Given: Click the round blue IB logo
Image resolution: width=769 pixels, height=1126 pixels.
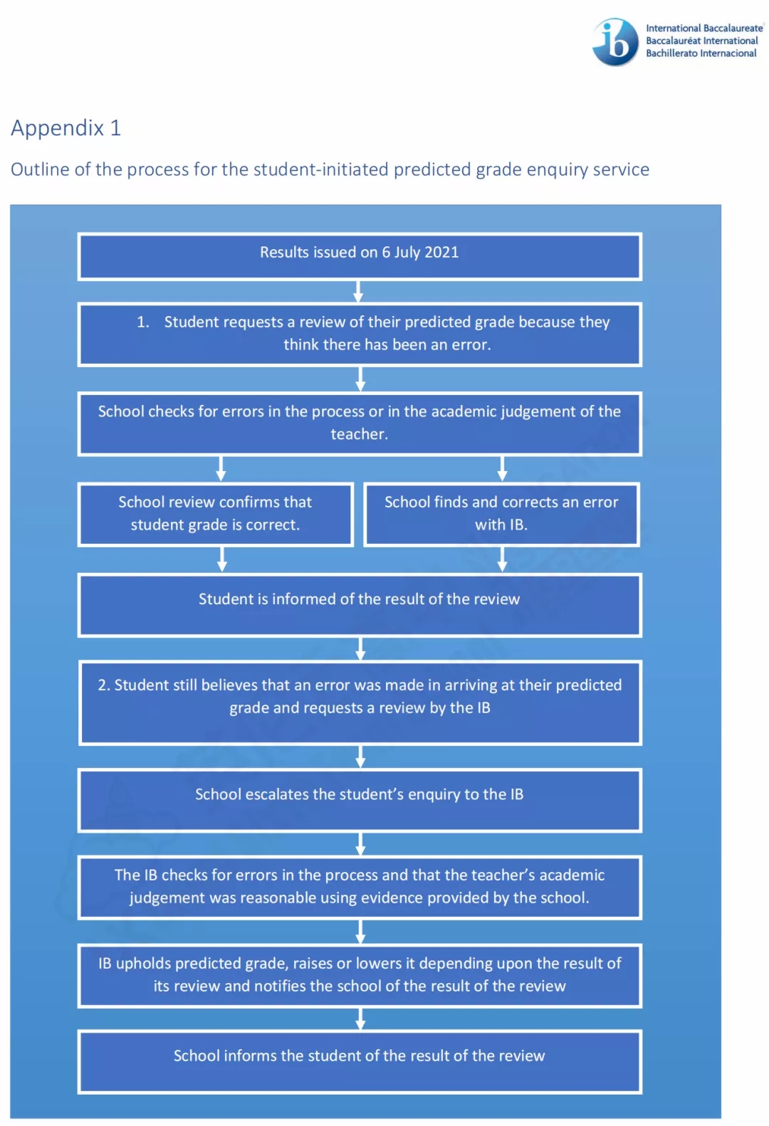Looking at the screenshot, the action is tap(614, 42).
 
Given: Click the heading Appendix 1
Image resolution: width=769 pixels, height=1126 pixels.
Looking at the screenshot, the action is tap(66, 127).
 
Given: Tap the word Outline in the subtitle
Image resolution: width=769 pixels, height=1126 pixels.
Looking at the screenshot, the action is tap(40, 169).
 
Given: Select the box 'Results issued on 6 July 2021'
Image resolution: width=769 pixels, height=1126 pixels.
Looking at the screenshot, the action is tap(360, 256).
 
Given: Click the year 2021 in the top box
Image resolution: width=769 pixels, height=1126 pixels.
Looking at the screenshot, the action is tap(441, 252).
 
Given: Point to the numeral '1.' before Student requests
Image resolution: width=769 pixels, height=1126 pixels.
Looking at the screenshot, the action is tap(143, 322).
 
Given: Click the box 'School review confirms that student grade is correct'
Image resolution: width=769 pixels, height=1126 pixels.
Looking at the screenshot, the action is tap(215, 514).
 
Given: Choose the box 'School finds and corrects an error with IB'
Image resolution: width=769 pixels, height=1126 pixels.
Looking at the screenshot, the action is tap(501, 514).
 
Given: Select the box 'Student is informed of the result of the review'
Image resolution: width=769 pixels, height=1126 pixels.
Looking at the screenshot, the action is tap(360, 605).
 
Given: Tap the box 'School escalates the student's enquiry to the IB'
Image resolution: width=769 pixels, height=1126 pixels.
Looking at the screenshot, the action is tap(360, 800).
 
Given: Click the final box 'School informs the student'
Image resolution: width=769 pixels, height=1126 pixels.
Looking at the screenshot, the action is tap(360, 1062).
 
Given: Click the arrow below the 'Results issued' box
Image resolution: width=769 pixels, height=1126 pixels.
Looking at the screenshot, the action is tap(358, 291).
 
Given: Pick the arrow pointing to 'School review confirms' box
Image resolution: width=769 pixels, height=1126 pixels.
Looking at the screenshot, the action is tap(221, 468).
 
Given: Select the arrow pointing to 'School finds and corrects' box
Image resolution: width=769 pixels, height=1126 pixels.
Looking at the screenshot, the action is tap(502, 468).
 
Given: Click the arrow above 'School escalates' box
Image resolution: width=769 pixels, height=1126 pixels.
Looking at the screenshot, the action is tap(360, 757).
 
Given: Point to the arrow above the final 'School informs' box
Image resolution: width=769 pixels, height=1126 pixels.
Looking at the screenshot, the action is tap(360, 1019).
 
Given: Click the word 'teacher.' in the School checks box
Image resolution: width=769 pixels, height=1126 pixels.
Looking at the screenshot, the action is tap(359, 433).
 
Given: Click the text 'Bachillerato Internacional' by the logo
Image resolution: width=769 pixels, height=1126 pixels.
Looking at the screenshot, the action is tap(701, 53).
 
